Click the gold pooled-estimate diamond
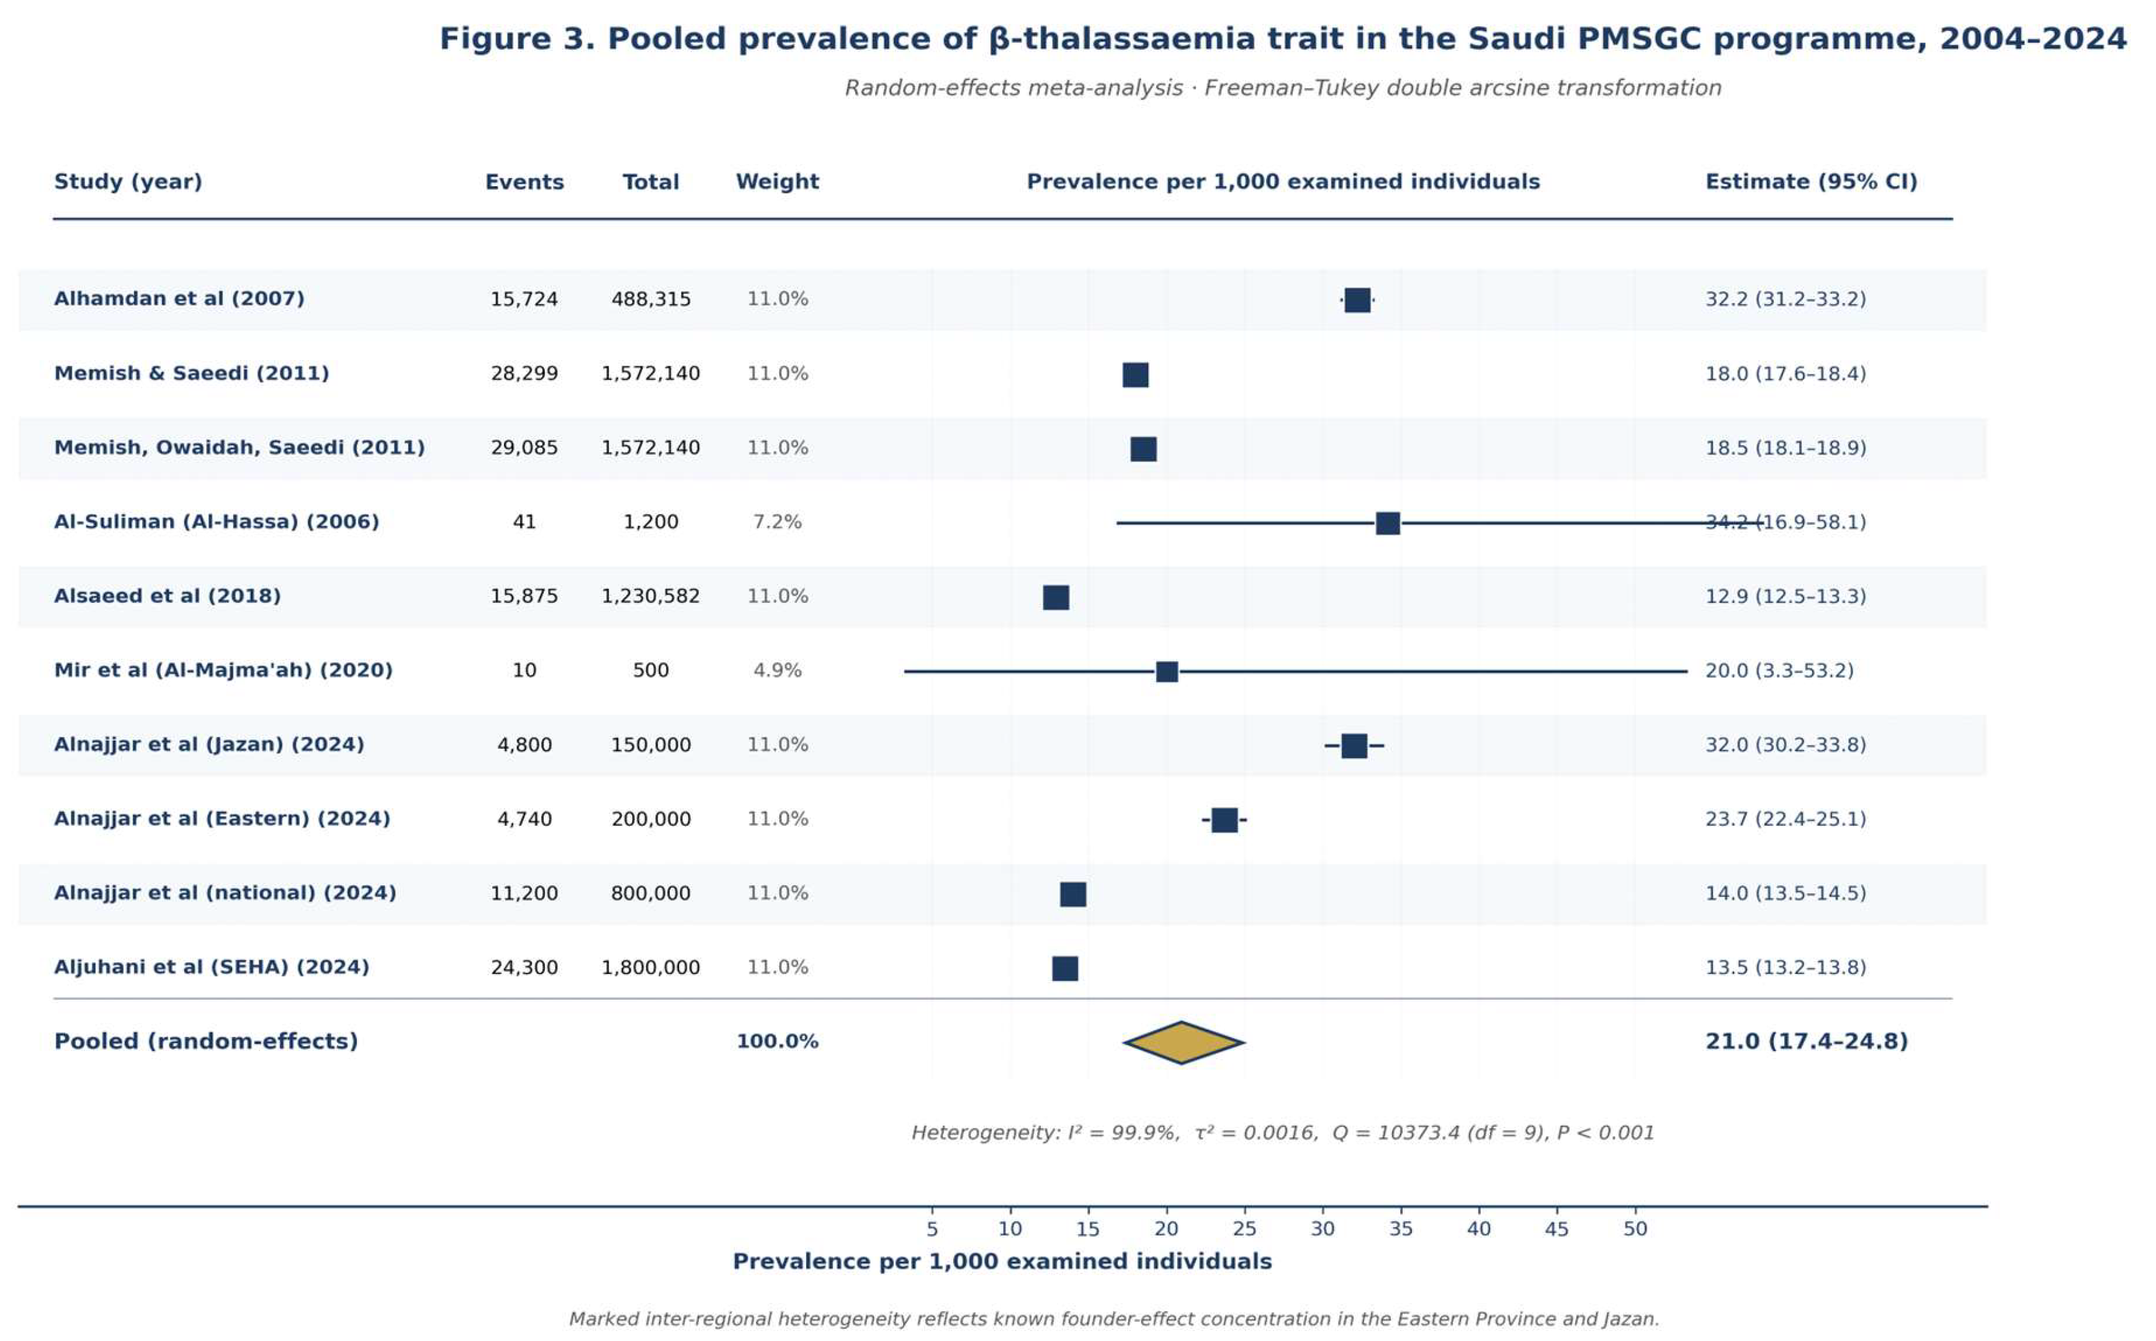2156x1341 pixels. (1183, 1042)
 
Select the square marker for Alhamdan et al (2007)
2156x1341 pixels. (1357, 300)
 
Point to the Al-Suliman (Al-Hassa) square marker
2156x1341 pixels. (1388, 523)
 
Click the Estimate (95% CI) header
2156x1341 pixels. (1810, 182)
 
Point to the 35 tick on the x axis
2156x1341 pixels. (1401, 1229)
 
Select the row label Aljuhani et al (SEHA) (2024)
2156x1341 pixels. (212, 968)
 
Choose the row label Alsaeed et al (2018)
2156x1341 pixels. (168, 597)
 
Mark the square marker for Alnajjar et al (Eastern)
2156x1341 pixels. (1224, 819)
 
